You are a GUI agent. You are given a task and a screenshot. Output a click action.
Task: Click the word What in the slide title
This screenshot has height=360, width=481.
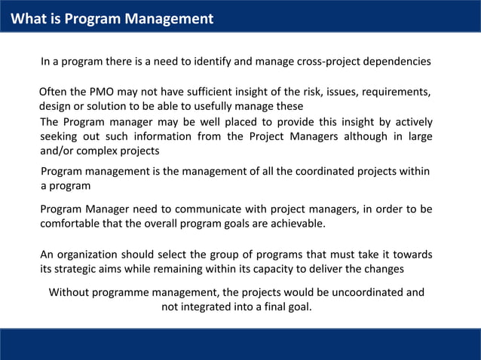pos(27,19)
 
